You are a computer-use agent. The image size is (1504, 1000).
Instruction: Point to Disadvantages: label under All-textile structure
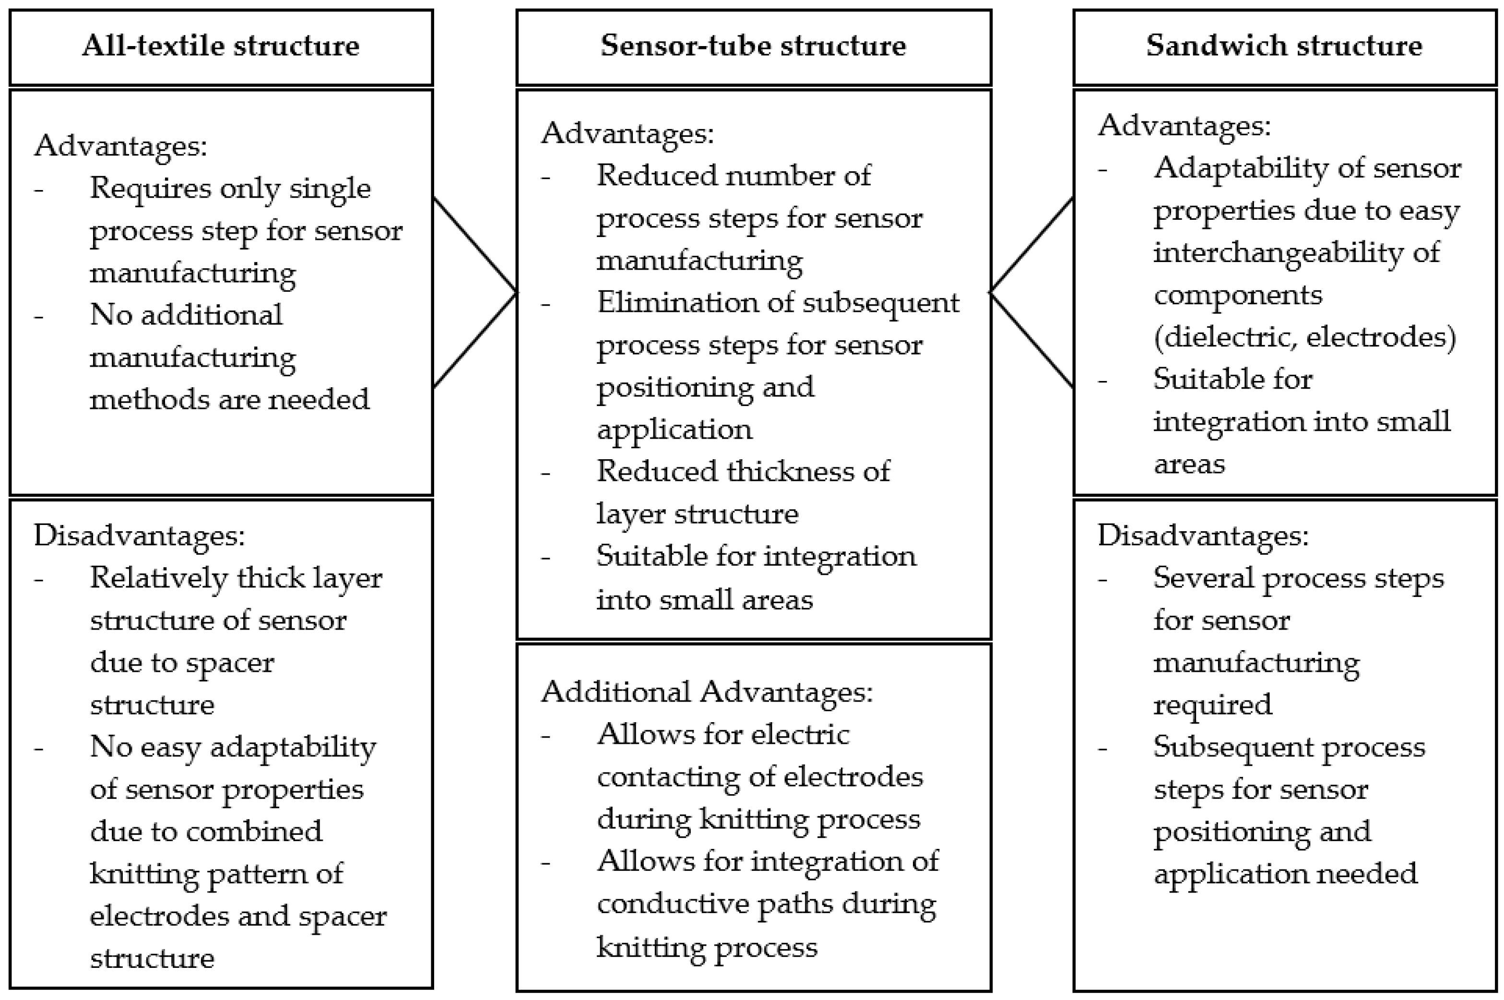[x=139, y=535]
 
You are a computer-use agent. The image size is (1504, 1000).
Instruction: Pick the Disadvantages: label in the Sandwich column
[x=1202, y=535]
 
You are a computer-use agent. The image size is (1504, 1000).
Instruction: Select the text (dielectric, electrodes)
[x=1304, y=337]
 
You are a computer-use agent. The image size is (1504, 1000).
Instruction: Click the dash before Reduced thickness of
[x=546, y=473]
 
